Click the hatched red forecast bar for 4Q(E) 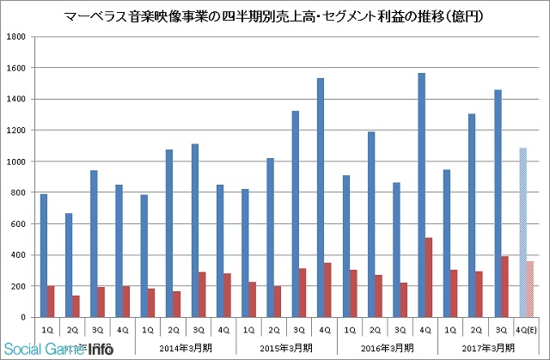(530, 289)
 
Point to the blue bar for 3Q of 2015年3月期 (296, 214)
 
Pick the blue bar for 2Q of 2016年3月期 (371, 224)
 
